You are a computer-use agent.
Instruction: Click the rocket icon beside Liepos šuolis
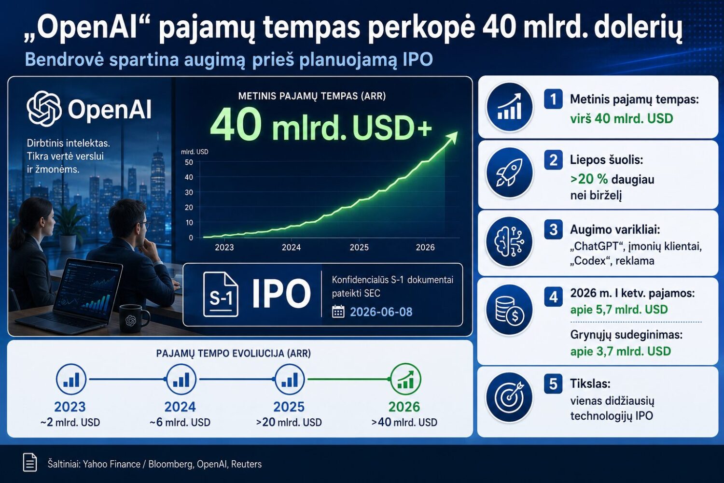tap(509, 173)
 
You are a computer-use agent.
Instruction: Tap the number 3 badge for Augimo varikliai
tap(553, 230)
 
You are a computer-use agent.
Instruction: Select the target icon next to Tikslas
tap(509, 398)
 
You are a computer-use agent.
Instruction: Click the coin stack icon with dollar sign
tap(509, 310)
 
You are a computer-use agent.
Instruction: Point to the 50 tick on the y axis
tap(189, 162)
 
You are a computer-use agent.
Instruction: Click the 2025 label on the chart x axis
tap(359, 247)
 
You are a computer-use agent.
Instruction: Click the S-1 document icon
tap(221, 294)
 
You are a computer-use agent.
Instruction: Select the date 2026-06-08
tap(381, 312)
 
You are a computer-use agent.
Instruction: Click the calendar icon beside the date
tap(338, 312)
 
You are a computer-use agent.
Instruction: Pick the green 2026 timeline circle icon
tap(405, 379)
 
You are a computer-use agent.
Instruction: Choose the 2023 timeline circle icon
tap(71, 379)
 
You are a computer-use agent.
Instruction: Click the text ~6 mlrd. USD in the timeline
tap(180, 423)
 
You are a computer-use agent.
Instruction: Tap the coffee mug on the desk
tap(134, 318)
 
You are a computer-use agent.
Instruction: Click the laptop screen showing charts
tap(88, 289)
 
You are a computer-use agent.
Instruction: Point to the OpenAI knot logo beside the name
tap(44, 108)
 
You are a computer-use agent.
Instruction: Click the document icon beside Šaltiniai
tap(30, 462)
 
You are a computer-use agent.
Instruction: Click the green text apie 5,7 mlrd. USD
tap(619, 310)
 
